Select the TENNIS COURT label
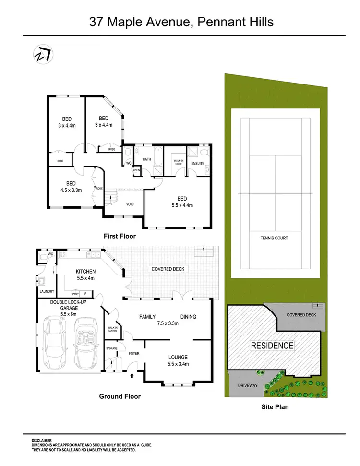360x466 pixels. (274, 238)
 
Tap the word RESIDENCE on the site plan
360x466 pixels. (272, 346)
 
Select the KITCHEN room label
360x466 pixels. (86, 272)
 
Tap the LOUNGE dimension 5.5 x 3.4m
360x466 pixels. (178, 364)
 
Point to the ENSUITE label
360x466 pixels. (198, 164)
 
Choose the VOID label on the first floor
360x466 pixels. (130, 204)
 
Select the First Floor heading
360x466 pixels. (120, 236)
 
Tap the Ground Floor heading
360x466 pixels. (120, 396)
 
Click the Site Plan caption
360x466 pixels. (275, 407)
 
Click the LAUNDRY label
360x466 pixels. (47, 291)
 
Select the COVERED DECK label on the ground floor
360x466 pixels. (168, 269)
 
